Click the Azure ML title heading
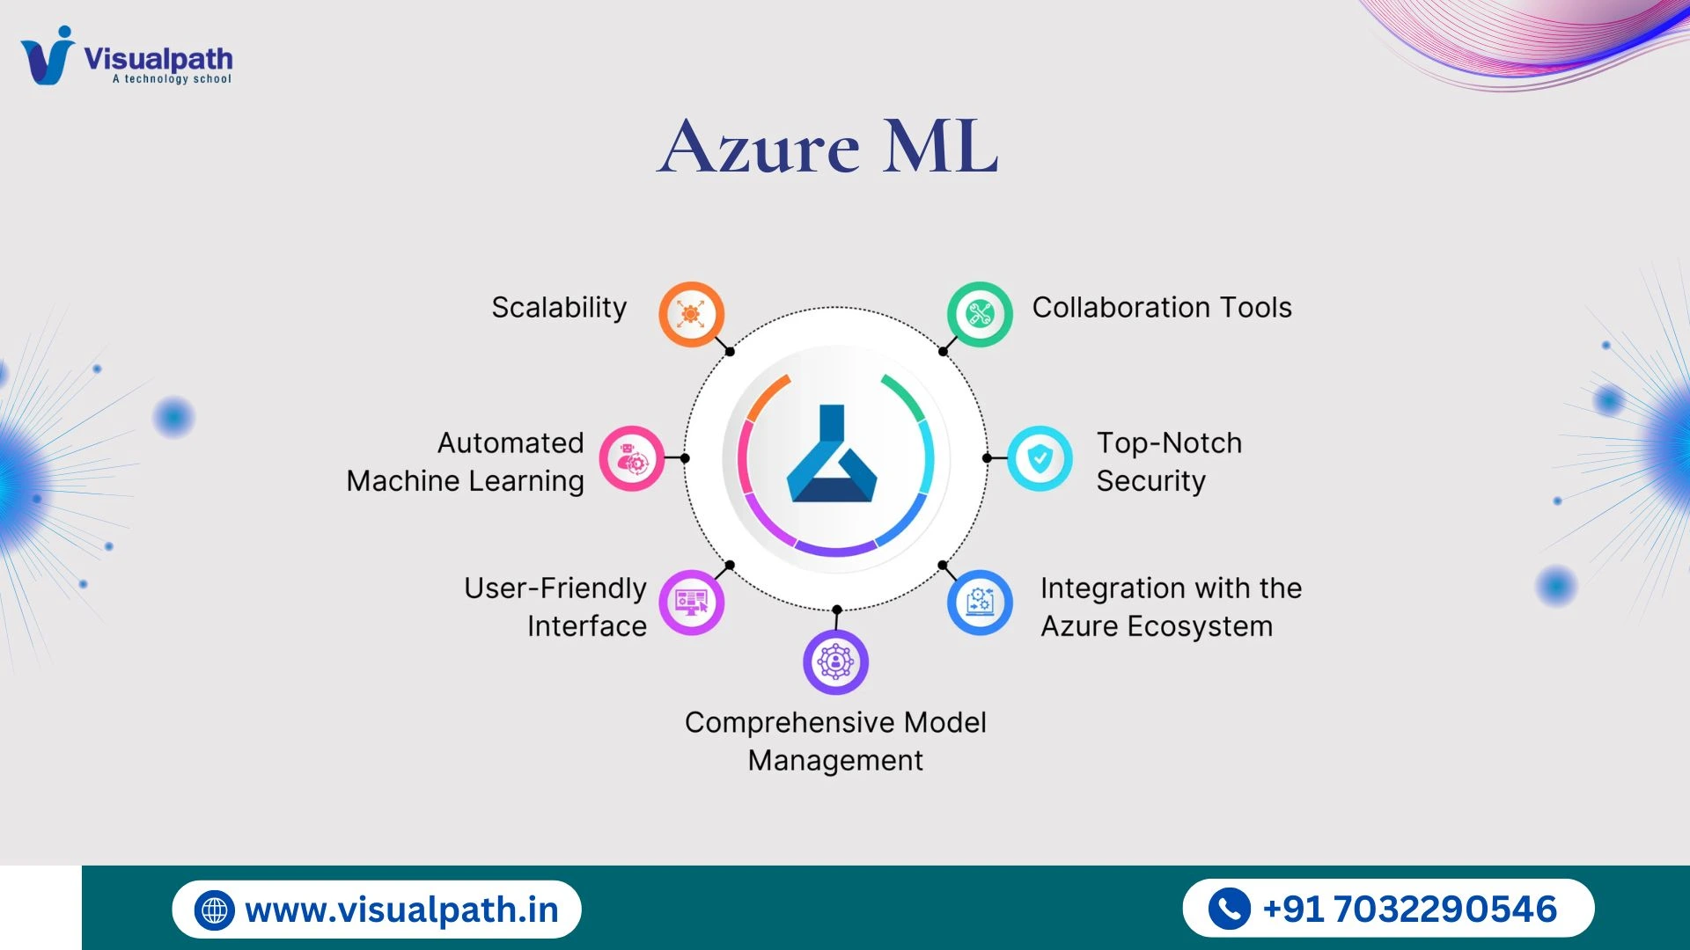pyautogui.click(x=827, y=147)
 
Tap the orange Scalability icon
pyautogui.click(x=692, y=314)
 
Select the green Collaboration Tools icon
pyautogui.click(x=980, y=314)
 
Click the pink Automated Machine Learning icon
pyautogui.click(x=632, y=458)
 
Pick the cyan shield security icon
pyautogui.click(x=1040, y=458)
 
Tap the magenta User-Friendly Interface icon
pyautogui.click(x=692, y=603)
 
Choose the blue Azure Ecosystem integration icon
pyautogui.click(x=980, y=603)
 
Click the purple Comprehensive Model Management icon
pyautogui.click(x=835, y=661)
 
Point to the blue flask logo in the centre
pyautogui.click(x=832, y=457)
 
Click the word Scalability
pyautogui.click(x=559, y=308)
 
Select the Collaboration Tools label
pyautogui.click(x=1162, y=308)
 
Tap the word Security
pyautogui.click(x=1150, y=481)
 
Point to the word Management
pyautogui.click(x=835, y=760)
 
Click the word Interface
pyautogui.click(x=587, y=626)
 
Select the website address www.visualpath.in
pyautogui.click(x=402, y=910)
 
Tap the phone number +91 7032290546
pyautogui.click(x=1409, y=910)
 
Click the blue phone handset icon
pyautogui.click(x=1229, y=909)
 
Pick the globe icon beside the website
pyautogui.click(x=215, y=910)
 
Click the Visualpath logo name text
pyautogui.click(x=158, y=59)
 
